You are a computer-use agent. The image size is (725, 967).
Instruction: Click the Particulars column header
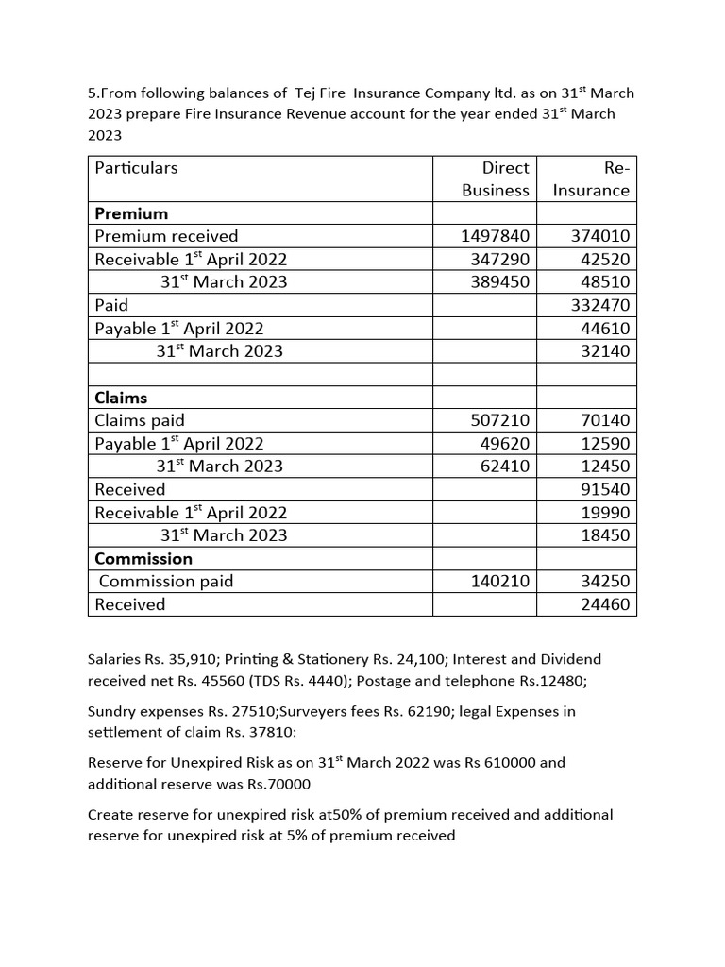pyautogui.click(x=136, y=168)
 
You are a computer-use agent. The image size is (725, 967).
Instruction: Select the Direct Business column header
pyautogui.click(x=496, y=178)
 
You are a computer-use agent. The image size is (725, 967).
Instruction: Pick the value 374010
pyautogui.click(x=601, y=236)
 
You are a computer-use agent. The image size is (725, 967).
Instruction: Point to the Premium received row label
pyautogui.click(x=166, y=236)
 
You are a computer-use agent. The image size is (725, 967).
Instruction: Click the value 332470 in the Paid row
pyautogui.click(x=601, y=305)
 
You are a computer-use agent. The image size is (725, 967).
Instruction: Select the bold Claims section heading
pyautogui.click(x=121, y=398)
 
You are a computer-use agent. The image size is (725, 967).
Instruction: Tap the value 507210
pyautogui.click(x=500, y=420)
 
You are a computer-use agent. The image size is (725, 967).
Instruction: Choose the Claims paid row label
pyautogui.click(x=140, y=420)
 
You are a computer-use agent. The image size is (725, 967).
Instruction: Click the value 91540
pyautogui.click(x=605, y=489)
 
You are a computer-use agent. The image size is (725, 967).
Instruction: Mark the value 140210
pyautogui.click(x=500, y=582)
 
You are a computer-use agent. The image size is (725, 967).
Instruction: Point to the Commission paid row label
pyautogui.click(x=166, y=582)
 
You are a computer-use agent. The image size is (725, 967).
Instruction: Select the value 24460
pyautogui.click(x=605, y=604)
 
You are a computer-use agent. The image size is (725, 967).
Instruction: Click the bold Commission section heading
pyautogui.click(x=143, y=558)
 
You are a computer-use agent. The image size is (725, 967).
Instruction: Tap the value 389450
pyautogui.click(x=500, y=281)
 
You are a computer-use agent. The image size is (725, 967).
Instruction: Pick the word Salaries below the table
pyautogui.click(x=112, y=659)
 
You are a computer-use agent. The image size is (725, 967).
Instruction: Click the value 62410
pyautogui.click(x=505, y=466)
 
